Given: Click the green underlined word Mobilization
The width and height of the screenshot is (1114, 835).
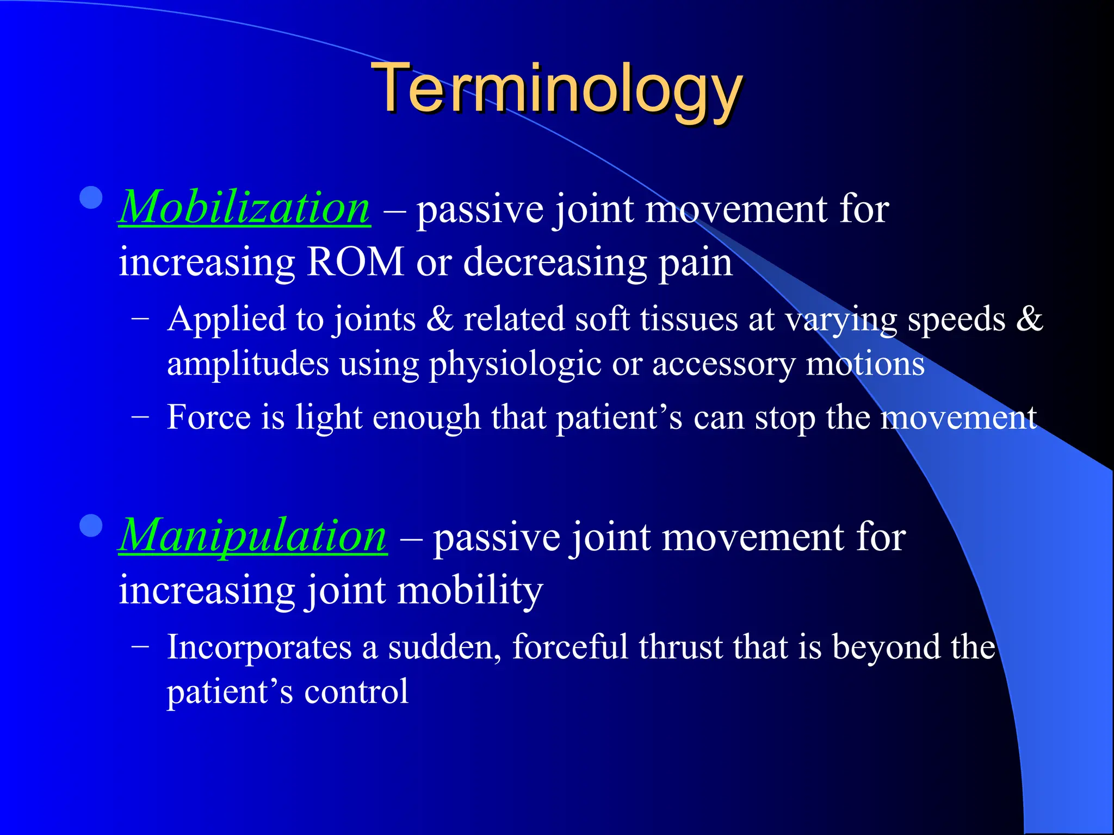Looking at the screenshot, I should pyautogui.click(x=245, y=209).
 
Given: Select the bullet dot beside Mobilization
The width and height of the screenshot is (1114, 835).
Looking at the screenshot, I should pyautogui.click(x=91, y=198).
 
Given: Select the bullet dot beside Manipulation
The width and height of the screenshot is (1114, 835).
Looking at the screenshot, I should pyautogui.click(x=91, y=526).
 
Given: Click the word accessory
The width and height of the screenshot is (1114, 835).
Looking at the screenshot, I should pyautogui.click(x=723, y=364).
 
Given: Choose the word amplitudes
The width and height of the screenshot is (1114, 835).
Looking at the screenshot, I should pyautogui.click(x=248, y=364).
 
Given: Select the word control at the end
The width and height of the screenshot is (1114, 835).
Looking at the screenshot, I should pyautogui.click(x=356, y=693).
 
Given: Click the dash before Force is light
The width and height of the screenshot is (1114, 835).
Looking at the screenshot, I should pyautogui.click(x=140, y=418).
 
